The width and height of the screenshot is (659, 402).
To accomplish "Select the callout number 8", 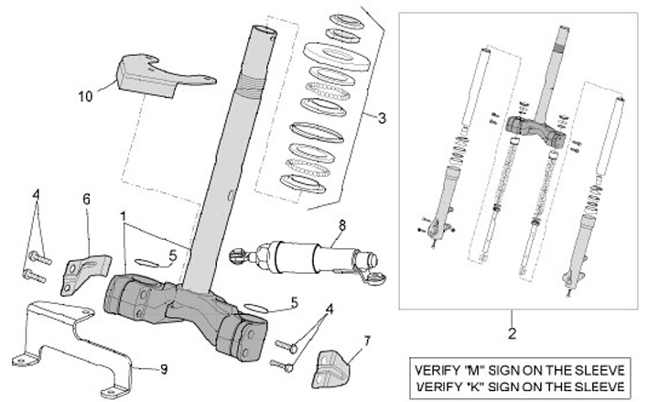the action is click(x=341, y=225).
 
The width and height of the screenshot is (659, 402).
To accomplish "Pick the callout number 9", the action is click(x=164, y=370).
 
